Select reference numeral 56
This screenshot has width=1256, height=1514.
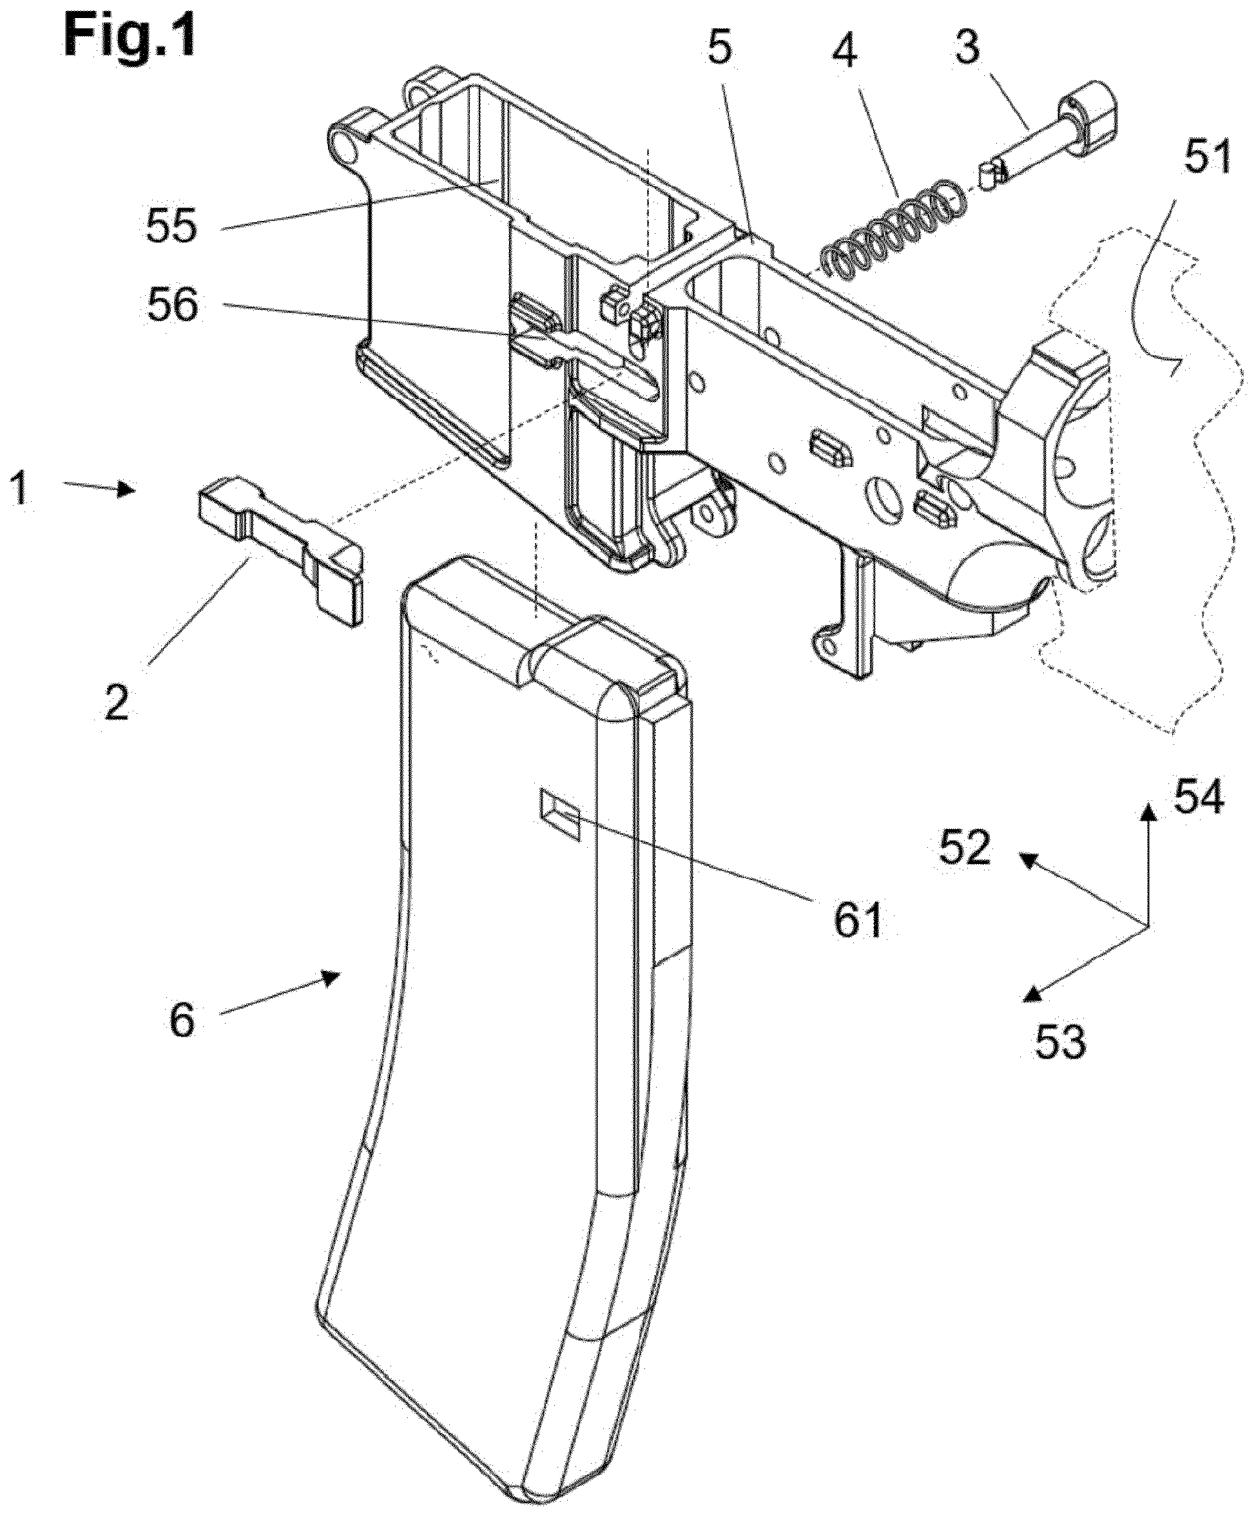(x=171, y=305)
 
